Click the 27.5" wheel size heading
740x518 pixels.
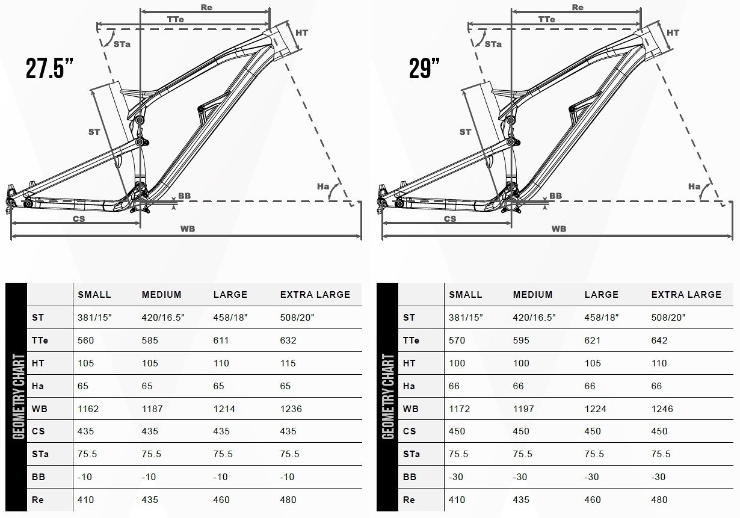pyautogui.click(x=49, y=69)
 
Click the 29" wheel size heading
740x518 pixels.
pyautogui.click(x=424, y=69)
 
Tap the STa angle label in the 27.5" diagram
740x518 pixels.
pyautogui.click(x=122, y=45)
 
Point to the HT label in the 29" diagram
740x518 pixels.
pyautogui.click(x=673, y=32)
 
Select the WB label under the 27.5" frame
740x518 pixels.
pyautogui.click(x=188, y=229)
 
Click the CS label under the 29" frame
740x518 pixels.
pyautogui.click(x=450, y=219)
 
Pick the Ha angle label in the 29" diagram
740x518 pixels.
pyautogui.click(x=694, y=187)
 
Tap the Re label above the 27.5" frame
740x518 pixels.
pyautogui.click(x=206, y=7)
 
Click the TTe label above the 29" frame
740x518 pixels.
pyautogui.click(x=546, y=19)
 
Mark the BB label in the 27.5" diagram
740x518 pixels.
pyautogui.click(x=184, y=196)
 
